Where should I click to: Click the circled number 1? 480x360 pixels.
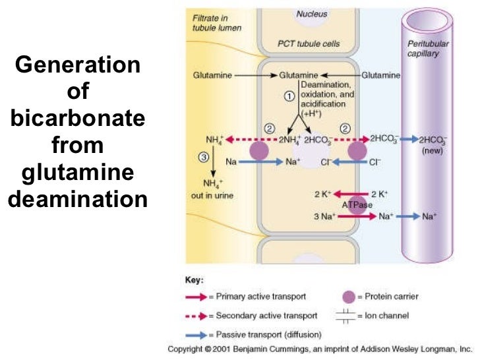point(288,96)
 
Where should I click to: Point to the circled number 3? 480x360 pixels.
point(204,157)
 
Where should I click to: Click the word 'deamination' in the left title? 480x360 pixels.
point(78,198)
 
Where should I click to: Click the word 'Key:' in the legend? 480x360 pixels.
point(195,280)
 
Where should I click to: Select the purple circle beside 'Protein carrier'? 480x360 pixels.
point(346,297)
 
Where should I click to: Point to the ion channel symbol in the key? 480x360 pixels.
point(345,316)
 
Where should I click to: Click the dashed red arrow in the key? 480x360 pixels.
point(196,316)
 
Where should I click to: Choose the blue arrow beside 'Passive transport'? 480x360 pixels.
point(196,336)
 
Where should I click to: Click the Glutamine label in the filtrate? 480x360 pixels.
point(212,76)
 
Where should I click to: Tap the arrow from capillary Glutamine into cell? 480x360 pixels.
point(345,76)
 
